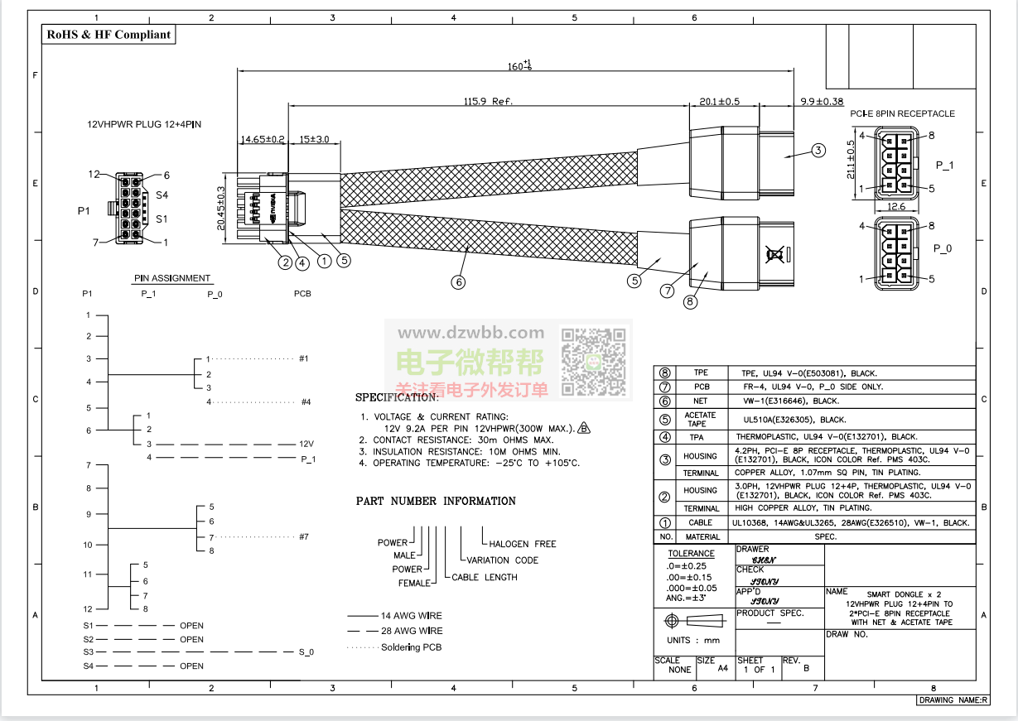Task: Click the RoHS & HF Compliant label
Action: pyautogui.click(x=109, y=34)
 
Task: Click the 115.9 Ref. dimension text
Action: pyautogui.click(x=489, y=101)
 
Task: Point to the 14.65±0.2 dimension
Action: pyautogui.click(x=262, y=140)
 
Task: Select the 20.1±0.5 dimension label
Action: pyautogui.click(x=719, y=101)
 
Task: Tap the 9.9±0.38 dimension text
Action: pyautogui.click(x=821, y=101)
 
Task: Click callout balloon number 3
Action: pyautogui.click(x=818, y=151)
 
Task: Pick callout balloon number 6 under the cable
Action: pyautogui.click(x=458, y=281)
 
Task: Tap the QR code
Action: pyautogui.click(x=594, y=362)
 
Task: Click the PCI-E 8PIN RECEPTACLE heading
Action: pyautogui.click(x=902, y=113)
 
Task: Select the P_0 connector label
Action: pyautogui.click(x=943, y=248)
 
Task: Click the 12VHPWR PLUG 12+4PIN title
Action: pyautogui.click(x=145, y=124)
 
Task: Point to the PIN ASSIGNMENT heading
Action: pyautogui.click(x=172, y=278)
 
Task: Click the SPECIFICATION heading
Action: pyautogui.click(x=398, y=397)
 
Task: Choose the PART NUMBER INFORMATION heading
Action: pyautogui.click(x=436, y=501)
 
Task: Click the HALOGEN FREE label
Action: pyautogui.click(x=522, y=544)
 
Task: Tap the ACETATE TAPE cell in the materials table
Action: pyautogui.click(x=700, y=420)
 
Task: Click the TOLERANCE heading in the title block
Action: pyautogui.click(x=692, y=553)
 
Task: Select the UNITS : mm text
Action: pyautogui.click(x=693, y=640)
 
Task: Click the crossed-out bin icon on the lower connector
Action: pyautogui.click(x=775, y=254)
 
